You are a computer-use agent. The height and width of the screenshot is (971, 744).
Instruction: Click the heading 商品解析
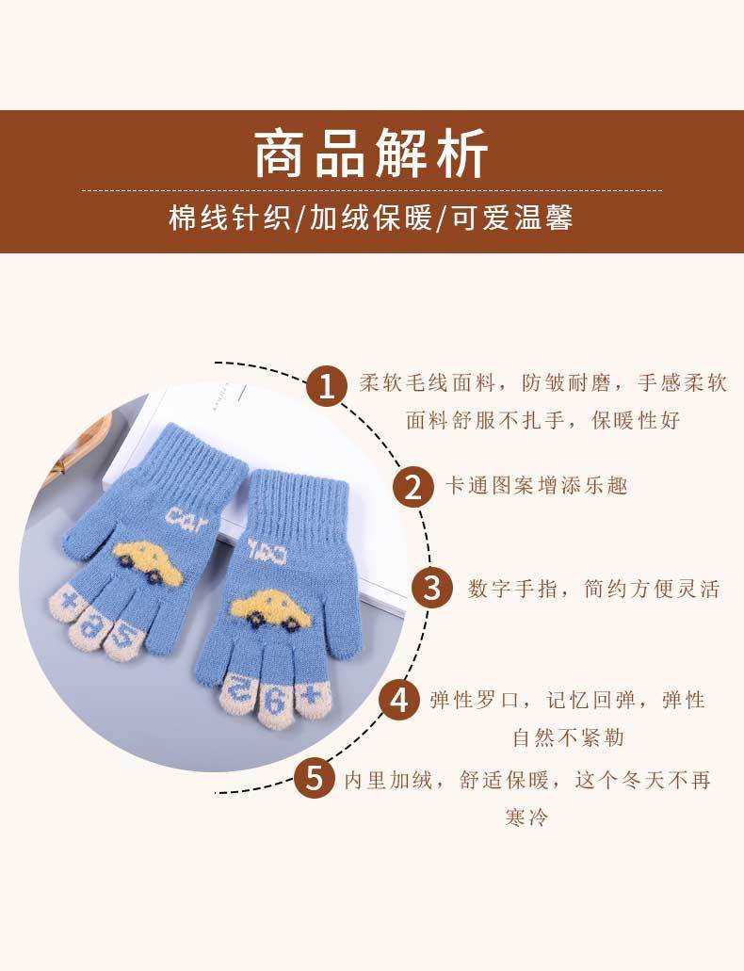(372, 154)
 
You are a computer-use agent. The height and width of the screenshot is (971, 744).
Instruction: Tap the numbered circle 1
(326, 386)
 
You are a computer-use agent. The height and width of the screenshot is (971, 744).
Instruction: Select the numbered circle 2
(413, 486)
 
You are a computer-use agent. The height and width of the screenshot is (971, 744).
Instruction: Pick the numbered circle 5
(314, 778)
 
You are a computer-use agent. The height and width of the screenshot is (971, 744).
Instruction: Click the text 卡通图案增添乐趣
(537, 486)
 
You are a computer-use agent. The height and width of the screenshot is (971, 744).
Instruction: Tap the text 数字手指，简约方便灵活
(594, 589)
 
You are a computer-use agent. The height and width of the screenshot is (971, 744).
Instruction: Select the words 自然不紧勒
(568, 737)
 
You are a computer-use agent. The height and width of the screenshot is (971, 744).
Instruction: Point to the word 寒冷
(527, 817)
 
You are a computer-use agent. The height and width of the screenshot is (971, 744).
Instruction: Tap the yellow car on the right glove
(270, 609)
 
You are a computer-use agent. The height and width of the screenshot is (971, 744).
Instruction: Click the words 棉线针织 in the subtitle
(229, 218)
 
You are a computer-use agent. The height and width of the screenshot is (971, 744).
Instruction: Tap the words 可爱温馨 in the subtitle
(511, 218)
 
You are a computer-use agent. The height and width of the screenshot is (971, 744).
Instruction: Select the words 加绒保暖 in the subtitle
(370, 218)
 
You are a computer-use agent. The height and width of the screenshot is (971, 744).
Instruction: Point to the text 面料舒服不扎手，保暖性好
(543, 420)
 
